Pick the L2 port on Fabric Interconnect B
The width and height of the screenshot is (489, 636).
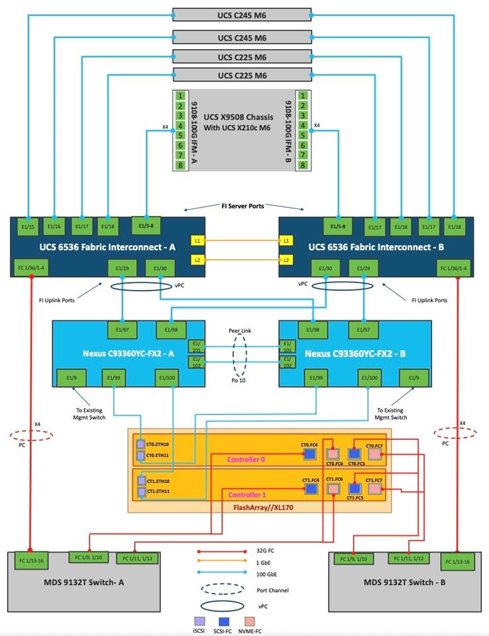point(286,260)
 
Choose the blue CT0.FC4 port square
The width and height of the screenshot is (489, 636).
point(310,454)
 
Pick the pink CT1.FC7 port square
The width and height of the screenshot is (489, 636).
point(376,488)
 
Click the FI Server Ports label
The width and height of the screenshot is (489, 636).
point(242,206)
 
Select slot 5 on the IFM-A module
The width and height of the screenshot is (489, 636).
point(180,135)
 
